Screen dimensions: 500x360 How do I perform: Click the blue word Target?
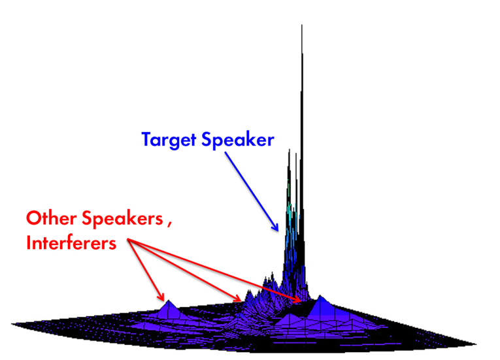(169, 140)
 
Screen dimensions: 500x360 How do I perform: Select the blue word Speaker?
(238, 140)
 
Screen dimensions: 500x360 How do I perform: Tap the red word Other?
(52, 218)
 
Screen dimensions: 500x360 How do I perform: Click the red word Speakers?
(123, 220)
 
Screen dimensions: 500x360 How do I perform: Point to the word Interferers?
(71, 243)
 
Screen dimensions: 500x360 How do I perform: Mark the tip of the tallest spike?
(302, 25)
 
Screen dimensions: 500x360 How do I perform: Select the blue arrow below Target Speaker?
(252, 191)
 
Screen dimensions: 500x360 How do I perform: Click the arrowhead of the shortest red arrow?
(161, 297)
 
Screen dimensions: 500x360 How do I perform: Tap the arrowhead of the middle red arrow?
(237, 299)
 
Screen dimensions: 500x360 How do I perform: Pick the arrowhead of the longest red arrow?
(297, 299)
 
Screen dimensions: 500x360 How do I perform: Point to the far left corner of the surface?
(12, 324)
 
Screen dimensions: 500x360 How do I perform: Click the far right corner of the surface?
(476, 344)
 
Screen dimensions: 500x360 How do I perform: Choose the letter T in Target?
(147, 139)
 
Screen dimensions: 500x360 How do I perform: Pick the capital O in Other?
(33, 218)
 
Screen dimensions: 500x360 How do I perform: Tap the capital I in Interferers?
(28, 243)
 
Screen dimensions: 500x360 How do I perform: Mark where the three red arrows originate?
(128, 240)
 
